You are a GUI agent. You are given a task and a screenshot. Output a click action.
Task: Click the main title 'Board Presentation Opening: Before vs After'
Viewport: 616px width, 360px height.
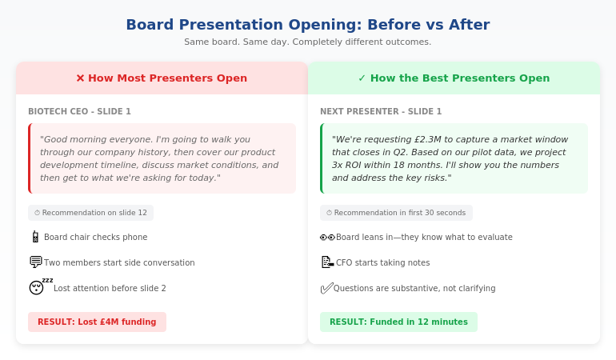click(x=308, y=25)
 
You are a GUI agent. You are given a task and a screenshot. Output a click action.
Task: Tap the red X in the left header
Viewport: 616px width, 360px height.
click(x=80, y=78)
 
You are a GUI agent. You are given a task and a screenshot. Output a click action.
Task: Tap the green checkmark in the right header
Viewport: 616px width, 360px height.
click(x=362, y=78)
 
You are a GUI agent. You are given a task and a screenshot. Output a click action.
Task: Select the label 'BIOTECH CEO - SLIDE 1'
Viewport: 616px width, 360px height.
click(x=79, y=112)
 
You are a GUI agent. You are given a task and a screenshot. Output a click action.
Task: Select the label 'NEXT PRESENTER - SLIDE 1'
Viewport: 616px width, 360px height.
click(x=381, y=112)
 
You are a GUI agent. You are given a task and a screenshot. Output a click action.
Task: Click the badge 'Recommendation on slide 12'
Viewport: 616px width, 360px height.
click(x=90, y=213)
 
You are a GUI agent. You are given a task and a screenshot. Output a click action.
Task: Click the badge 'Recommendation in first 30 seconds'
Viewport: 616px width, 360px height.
click(x=396, y=213)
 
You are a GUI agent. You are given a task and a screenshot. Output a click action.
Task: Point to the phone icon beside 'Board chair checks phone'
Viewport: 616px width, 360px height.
click(x=35, y=237)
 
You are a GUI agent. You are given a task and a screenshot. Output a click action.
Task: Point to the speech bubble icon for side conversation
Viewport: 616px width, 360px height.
click(x=35, y=262)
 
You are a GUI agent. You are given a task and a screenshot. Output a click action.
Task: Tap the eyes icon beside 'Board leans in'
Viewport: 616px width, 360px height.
click(x=327, y=237)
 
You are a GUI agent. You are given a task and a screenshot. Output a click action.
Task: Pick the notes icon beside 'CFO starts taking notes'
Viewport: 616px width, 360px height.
click(x=327, y=262)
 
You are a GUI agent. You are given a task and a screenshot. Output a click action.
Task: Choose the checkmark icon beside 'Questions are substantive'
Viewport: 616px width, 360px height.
click(x=326, y=288)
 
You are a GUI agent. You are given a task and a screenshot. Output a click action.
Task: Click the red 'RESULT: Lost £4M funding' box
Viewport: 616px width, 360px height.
click(x=97, y=322)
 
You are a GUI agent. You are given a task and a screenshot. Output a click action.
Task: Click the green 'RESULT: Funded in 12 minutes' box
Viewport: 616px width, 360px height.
click(x=398, y=322)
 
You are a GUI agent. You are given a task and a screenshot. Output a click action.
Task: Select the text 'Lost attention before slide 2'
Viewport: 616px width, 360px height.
click(x=110, y=288)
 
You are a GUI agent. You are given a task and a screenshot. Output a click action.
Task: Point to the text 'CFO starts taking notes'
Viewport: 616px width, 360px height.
click(x=382, y=262)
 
